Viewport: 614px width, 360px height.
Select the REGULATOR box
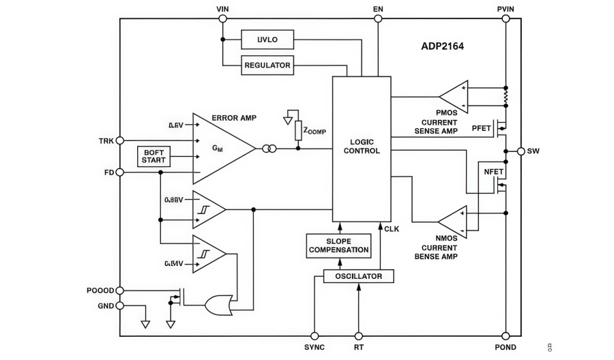coord(267,65)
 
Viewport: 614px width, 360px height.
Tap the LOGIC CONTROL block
coord(361,147)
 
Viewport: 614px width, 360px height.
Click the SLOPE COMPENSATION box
coord(339,245)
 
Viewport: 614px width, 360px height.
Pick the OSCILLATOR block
coord(358,276)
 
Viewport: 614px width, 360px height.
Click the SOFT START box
coord(153,156)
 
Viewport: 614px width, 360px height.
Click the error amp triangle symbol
coord(218,148)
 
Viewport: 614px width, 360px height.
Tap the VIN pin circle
coord(222,18)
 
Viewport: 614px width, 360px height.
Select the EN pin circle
coord(378,18)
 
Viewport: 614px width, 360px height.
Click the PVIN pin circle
coord(506,18)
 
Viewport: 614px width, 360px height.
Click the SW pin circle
coord(521,151)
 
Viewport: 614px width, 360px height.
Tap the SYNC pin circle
coord(315,336)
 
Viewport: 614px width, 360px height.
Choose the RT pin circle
coord(359,336)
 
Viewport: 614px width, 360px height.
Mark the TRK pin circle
coord(120,140)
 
